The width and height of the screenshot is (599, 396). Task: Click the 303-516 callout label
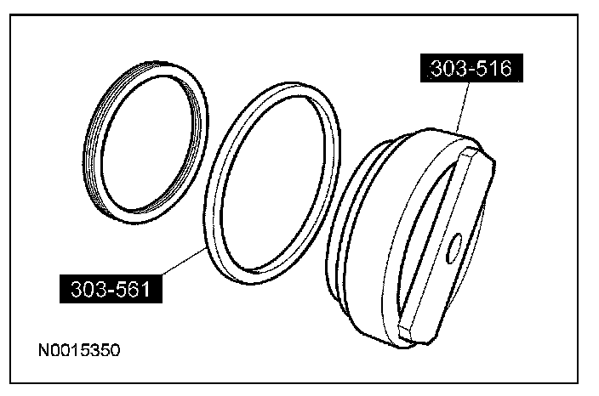(471, 68)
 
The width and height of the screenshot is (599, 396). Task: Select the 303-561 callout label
(111, 289)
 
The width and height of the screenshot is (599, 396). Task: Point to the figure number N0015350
(79, 350)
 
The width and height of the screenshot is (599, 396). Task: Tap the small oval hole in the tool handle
(454, 248)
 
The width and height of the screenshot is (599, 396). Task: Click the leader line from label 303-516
(462, 108)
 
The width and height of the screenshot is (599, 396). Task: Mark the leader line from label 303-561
(184, 261)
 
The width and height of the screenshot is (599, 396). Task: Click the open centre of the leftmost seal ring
(147, 143)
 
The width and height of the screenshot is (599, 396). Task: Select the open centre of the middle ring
(272, 183)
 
